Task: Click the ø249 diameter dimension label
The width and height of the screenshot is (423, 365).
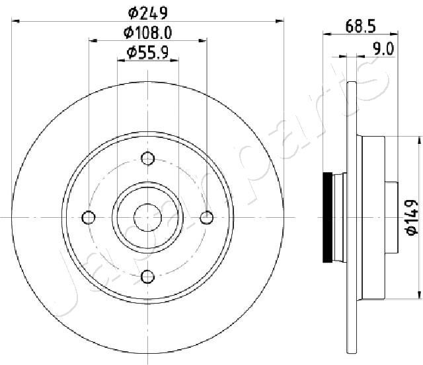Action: (x=148, y=13)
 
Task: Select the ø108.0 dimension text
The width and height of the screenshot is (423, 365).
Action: (x=148, y=33)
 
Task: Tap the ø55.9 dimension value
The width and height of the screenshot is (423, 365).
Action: (x=148, y=52)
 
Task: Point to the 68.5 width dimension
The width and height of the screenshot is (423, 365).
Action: (x=360, y=26)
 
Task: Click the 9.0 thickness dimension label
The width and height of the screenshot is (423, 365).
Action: (x=383, y=49)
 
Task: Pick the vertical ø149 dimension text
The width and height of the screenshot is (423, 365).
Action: (x=412, y=218)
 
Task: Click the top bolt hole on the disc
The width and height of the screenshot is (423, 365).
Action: (x=148, y=158)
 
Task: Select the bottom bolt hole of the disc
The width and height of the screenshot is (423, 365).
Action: (x=148, y=277)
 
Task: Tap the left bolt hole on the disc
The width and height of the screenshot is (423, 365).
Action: (x=89, y=217)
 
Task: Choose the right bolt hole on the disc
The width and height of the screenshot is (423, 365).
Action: (x=207, y=217)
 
